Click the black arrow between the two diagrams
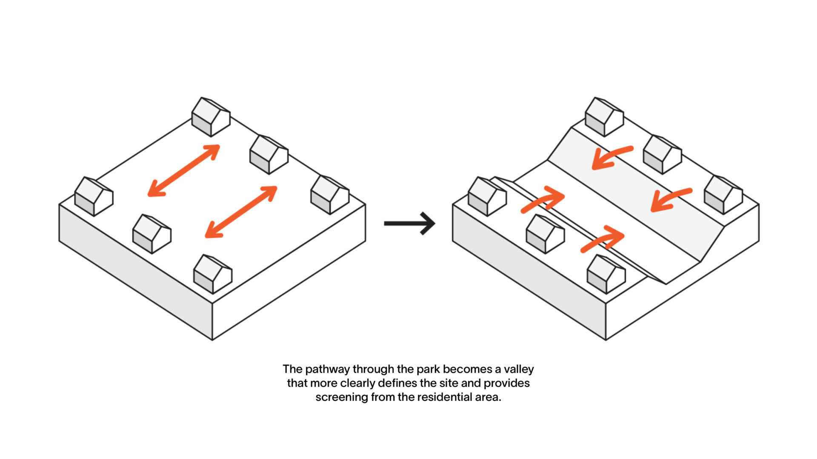(x=409, y=224)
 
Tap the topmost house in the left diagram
(x=211, y=117)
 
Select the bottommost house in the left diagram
(x=212, y=274)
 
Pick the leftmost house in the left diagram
(x=94, y=196)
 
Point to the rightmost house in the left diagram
(x=330, y=195)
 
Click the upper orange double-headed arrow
(x=184, y=170)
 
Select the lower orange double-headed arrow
(x=241, y=212)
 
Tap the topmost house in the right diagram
(x=604, y=117)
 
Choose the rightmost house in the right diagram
(x=723, y=195)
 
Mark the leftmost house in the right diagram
(x=487, y=196)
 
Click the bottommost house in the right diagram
(x=606, y=274)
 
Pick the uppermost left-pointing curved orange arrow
(x=611, y=157)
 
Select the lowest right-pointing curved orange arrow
(x=603, y=239)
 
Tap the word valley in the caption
(x=519, y=369)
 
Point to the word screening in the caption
(x=342, y=397)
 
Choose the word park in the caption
(x=428, y=369)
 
